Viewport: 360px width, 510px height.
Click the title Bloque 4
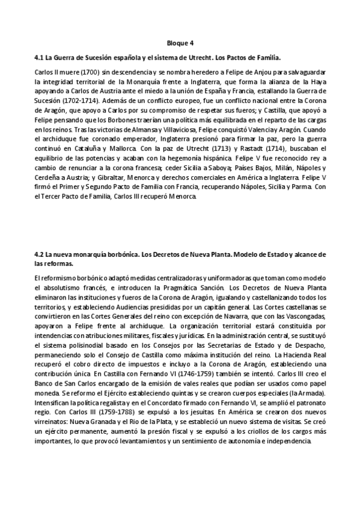click(x=180, y=43)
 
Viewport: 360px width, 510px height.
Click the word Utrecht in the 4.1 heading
click(x=207, y=58)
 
